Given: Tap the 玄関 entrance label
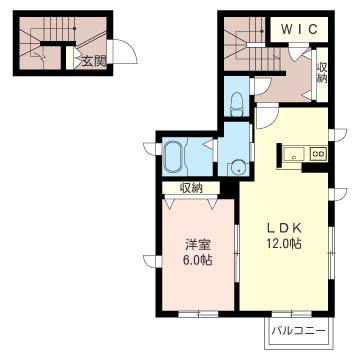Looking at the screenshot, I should pyautogui.click(x=94, y=61).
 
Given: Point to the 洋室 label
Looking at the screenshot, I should pyautogui.click(x=196, y=243).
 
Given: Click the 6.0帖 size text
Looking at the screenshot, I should pyautogui.click(x=196, y=260).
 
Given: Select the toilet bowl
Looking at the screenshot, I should pyautogui.click(x=235, y=101).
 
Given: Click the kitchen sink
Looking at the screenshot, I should pyautogui.click(x=295, y=153).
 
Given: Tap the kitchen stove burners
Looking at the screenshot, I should pyautogui.click(x=318, y=153).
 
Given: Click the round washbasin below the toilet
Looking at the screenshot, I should pyautogui.click(x=237, y=167).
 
